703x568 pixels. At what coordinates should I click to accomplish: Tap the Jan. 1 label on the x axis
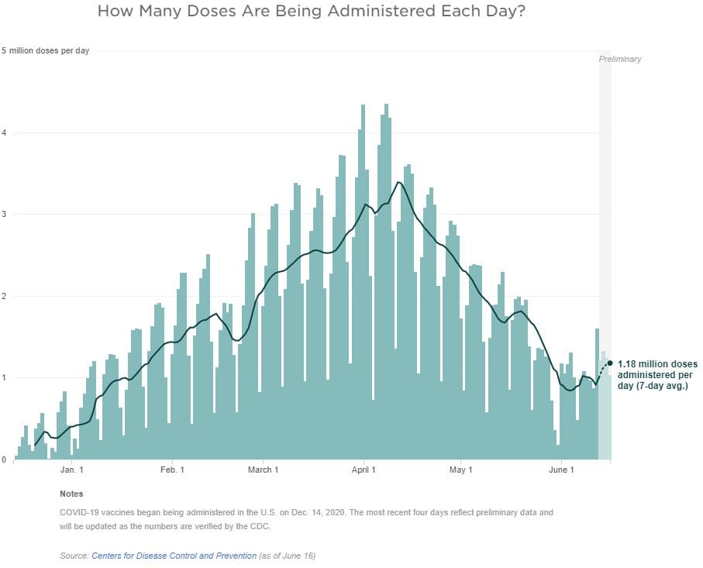coord(71,470)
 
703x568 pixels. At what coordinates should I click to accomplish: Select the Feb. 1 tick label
coord(172,470)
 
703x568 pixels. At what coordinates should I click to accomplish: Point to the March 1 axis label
coord(263,470)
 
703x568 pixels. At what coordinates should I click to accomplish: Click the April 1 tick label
coord(364,470)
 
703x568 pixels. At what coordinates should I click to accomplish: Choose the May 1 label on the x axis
coord(460,470)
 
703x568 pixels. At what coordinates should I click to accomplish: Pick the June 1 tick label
coord(561,470)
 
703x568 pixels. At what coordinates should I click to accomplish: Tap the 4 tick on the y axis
coord(4,133)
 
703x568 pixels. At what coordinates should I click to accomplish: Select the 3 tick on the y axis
coord(4,215)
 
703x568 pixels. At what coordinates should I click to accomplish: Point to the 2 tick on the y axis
coord(4,296)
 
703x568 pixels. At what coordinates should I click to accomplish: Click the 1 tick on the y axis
coord(4,378)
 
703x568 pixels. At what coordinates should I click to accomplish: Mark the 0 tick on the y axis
coord(4,460)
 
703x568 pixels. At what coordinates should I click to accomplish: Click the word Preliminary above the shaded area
coord(620,60)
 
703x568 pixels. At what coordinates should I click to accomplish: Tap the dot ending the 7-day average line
coord(611,363)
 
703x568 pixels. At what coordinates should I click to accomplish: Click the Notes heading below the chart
coord(71,494)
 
